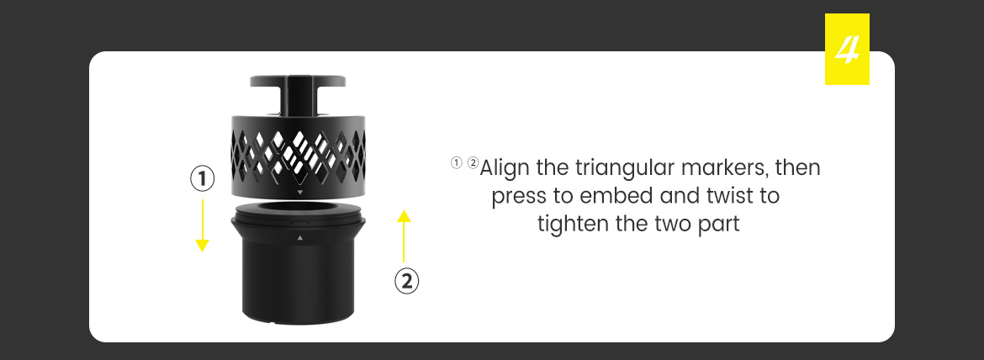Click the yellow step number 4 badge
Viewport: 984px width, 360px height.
click(847, 49)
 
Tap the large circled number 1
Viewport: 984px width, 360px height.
click(202, 179)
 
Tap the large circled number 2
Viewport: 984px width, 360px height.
click(407, 281)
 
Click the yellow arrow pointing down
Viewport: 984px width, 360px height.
click(202, 225)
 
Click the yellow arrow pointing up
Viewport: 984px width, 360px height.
click(405, 236)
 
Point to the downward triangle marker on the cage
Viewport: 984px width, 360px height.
click(300, 192)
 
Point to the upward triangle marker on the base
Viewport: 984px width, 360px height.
click(300, 238)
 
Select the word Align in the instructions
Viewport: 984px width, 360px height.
click(506, 169)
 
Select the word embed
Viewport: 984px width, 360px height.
click(616, 196)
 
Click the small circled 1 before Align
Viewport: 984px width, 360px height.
click(456, 164)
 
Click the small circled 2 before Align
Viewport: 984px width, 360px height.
click(473, 164)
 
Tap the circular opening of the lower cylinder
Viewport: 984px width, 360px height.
click(299, 209)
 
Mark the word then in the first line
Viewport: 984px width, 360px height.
click(798, 168)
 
